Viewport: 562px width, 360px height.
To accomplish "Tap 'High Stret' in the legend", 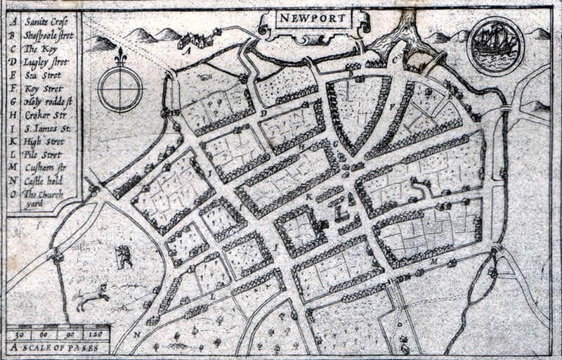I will (44, 141).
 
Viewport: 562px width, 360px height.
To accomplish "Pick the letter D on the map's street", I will (263, 112).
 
